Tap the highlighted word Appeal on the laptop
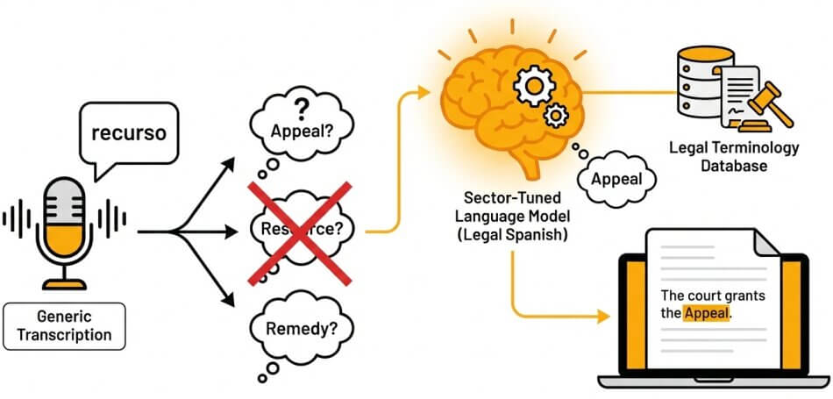pyautogui.click(x=707, y=313)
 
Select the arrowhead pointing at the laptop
pyautogui.click(x=603, y=317)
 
